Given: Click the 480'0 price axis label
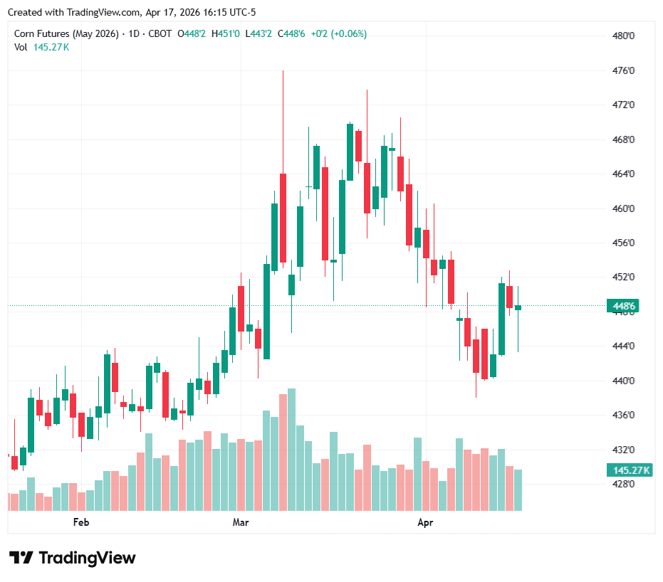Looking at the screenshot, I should (624, 36).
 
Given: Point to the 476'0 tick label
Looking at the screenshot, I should (624, 70).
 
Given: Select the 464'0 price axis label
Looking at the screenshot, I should (624, 174).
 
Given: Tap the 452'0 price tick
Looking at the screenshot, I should (624, 277).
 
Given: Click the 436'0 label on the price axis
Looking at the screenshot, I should (624, 415).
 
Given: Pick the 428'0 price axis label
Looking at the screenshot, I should (624, 484).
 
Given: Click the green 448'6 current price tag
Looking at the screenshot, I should (624, 307).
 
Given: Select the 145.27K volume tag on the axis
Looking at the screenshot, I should (630, 470).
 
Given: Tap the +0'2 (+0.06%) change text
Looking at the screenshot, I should (338, 33).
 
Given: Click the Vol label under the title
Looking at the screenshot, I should (21, 47).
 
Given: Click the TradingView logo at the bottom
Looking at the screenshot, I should (72, 558).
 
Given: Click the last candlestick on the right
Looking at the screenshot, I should (518, 307).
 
